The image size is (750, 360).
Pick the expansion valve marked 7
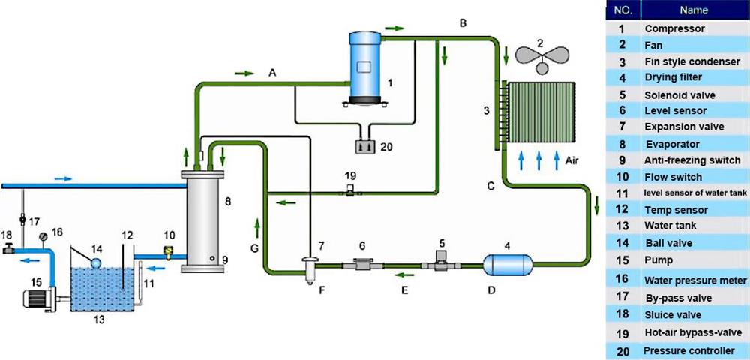(308, 265)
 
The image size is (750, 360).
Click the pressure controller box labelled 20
(366, 146)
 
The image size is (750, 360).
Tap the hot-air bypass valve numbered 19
(349, 193)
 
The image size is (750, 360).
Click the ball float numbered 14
(97, 261)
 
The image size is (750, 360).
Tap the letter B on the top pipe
(463, 23)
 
